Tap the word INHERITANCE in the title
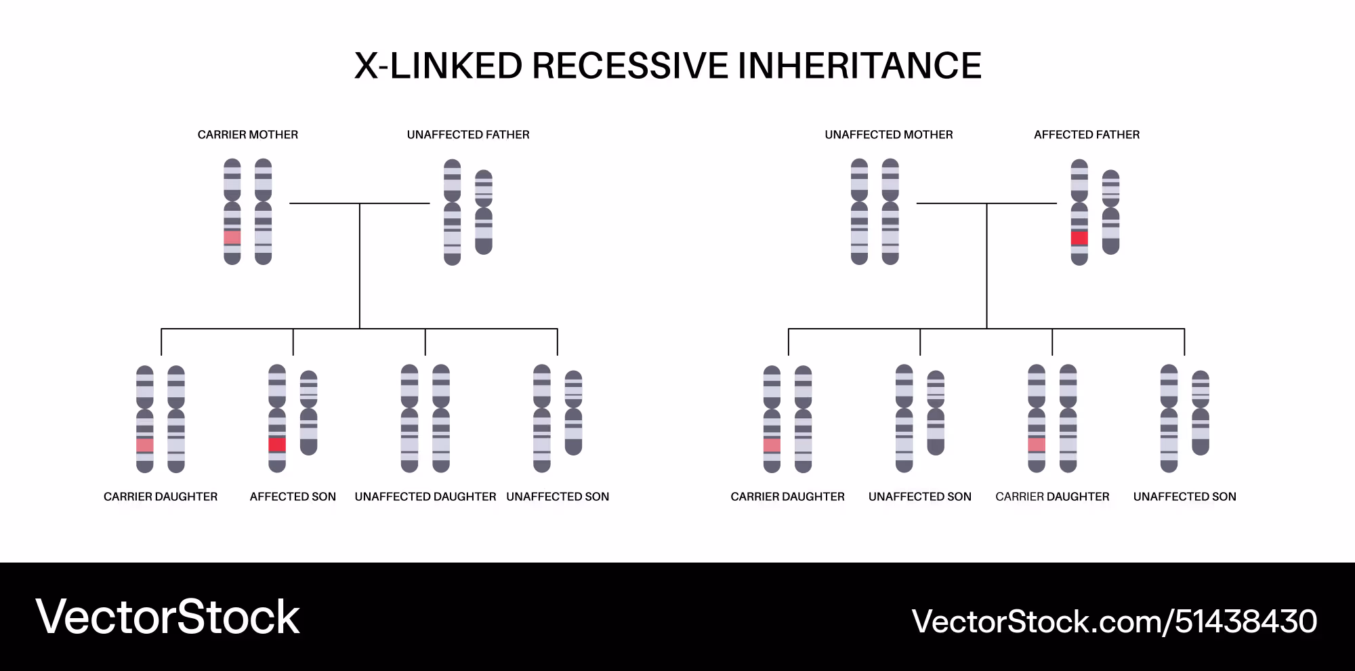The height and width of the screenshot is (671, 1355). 859,66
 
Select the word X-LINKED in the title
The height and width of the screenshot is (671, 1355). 439,66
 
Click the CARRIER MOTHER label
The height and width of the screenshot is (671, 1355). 248,135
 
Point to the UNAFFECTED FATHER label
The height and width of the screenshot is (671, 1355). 468,135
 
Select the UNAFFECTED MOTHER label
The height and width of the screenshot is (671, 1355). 889,135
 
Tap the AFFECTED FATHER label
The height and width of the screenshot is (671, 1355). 1087,135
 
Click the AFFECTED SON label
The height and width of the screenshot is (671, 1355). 293,497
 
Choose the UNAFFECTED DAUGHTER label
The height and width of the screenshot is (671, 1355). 425,497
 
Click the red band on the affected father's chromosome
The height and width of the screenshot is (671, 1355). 1079,238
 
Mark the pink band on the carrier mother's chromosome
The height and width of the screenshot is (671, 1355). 232,237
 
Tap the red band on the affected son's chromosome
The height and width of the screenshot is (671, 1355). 277,445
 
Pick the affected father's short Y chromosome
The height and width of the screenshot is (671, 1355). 1111,212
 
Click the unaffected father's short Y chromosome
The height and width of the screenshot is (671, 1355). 484,212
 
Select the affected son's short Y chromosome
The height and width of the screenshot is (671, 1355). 309,413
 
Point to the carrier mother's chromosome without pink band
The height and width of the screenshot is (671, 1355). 263,211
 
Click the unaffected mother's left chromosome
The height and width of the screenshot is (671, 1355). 860,211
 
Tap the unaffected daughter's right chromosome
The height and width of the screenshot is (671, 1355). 441,418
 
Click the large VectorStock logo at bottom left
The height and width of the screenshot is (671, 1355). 167,617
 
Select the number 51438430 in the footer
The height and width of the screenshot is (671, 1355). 1246,622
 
